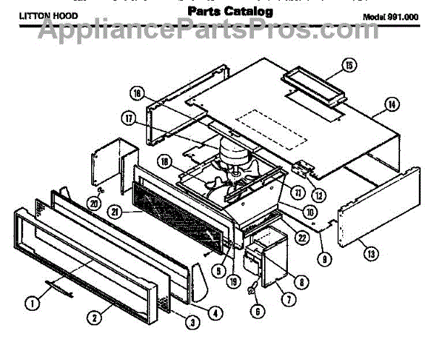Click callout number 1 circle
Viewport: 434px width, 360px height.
click(x=33, y=304)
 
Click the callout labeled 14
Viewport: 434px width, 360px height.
click(x=392, y=104)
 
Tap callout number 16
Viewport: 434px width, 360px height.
click(x=139, y=93)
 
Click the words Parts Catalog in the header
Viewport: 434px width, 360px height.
click(x=231, y=13)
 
